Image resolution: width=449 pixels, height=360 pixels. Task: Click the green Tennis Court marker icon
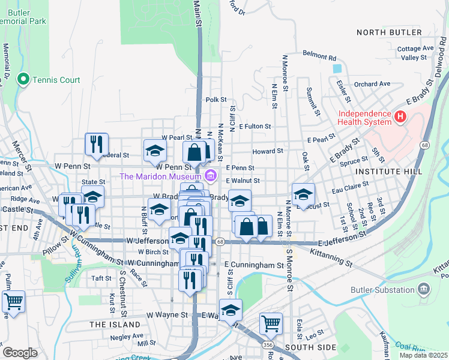point(24,79)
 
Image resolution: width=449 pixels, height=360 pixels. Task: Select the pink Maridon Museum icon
point(210,176)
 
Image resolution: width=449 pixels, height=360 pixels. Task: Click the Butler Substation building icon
point(424,289)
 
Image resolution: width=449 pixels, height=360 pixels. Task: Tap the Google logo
point(19,353)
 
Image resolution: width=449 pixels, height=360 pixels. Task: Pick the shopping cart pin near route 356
point(271,323)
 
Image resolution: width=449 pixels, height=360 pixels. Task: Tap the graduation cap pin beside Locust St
point(303,194)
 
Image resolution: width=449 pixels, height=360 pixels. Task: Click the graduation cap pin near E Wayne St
point(230,310)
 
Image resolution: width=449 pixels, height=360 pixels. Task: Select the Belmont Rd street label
point(319,58)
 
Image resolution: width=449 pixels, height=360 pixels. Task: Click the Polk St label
point(215,100)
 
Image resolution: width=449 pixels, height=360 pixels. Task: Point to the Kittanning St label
point(330,256)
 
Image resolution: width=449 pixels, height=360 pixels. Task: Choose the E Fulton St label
point(255,127)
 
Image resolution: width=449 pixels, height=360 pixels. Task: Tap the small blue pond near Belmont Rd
point(337,69)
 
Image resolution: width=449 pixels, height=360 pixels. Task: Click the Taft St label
point(101,278)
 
